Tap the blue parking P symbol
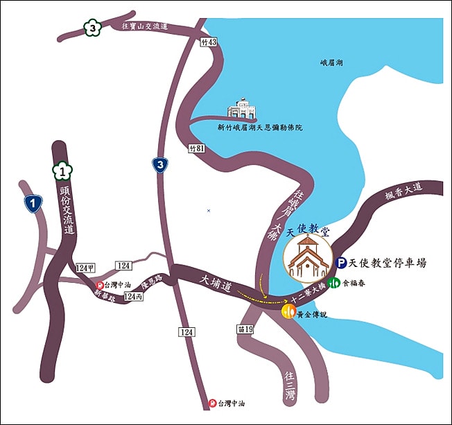tap(340, 263)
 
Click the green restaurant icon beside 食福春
tap(334, 283)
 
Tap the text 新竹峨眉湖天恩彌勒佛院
tap(259, 128)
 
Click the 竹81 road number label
tap(196, 148)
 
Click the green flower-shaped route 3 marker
tap(92, 28)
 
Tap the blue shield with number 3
tap(160, 164)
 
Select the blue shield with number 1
tap(31, 202)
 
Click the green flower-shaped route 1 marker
tap(63, 170)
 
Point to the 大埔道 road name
tap(215, 281)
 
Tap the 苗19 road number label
tap(244, 328)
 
